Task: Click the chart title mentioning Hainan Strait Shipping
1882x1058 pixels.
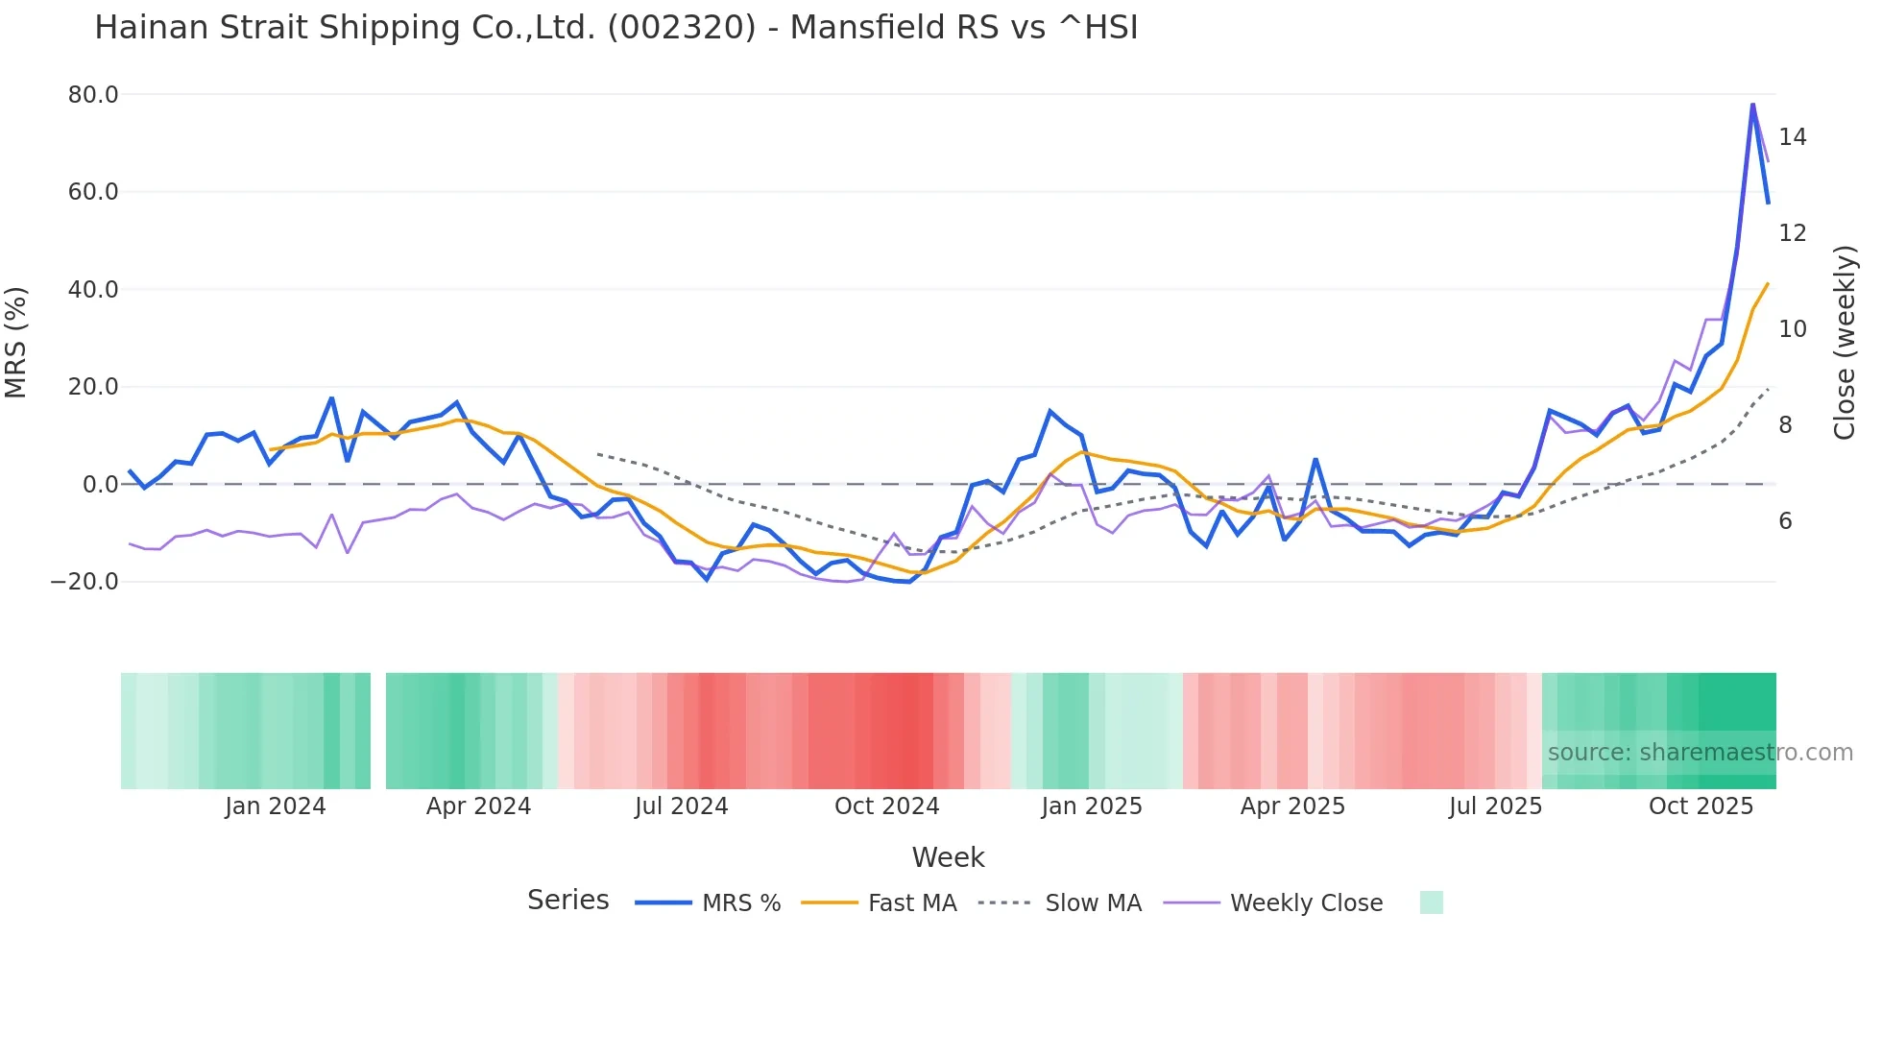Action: tap(615, 28)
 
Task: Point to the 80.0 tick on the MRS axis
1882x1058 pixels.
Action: tap(93, 94)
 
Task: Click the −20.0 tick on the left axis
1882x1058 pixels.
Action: tap(84, 582)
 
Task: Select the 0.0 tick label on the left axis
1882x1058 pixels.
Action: tap(100, 484)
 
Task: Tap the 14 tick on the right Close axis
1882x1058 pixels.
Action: tap(1792, 137)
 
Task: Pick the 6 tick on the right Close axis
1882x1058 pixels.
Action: tap(1785, 521)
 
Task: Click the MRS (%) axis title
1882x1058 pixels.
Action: tap(16, 342)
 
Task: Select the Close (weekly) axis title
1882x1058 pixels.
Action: tap(1844, 343)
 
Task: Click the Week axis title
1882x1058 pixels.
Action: tap(948, 857)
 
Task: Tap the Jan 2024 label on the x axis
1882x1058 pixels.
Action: tap(276, 806)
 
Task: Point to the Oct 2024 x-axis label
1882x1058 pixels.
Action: tap(886, 806)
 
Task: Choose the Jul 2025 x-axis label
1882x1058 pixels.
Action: tap(1495, 806)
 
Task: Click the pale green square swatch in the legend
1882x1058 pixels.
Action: tap(1431, 902)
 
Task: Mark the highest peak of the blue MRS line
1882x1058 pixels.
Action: tap(1752, 104)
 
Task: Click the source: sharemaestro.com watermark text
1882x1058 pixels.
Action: tap(1700, 753)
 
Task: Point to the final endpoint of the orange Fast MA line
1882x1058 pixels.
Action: tap(1768, 284)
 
